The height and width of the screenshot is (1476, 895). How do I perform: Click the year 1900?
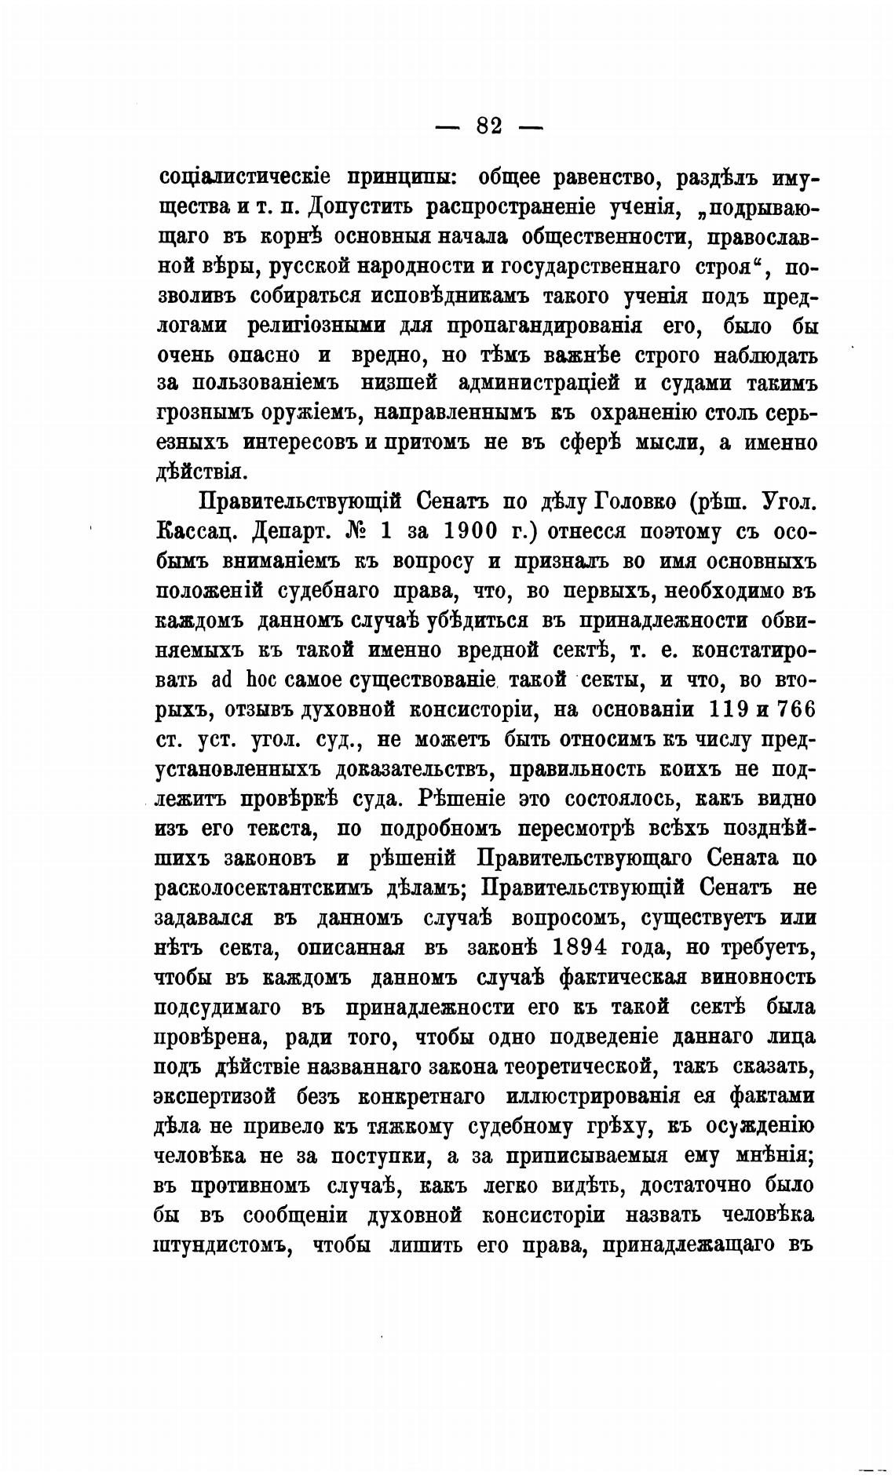(x=476, y=531)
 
